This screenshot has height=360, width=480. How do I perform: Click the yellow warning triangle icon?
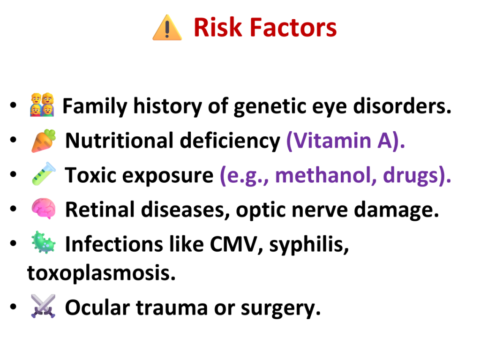point(167,28)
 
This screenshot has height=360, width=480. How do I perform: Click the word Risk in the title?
point(217,28)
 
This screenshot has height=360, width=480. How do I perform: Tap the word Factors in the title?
point(293,28)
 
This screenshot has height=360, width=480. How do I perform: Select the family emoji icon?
point(42,105)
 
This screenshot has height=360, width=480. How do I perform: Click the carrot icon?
point(44,141)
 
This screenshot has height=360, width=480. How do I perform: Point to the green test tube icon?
point(44,174)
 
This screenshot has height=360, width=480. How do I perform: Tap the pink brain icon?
point(44,209)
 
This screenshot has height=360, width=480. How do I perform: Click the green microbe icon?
point(44,242)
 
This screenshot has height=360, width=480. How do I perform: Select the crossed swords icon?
point(43,306)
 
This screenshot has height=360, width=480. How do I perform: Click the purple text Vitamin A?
point(345,141)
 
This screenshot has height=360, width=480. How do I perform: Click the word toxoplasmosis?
point(101,273)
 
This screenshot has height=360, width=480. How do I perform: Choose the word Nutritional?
point(120,141)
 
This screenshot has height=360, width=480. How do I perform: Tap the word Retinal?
point(100,210)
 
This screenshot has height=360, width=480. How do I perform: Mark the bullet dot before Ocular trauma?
point(13,306)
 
